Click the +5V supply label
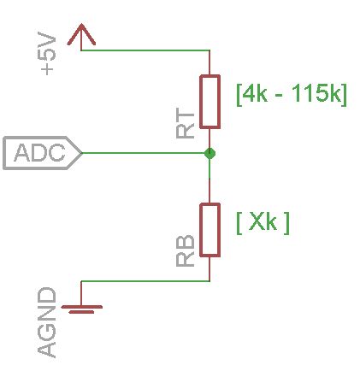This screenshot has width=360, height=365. (48, 56)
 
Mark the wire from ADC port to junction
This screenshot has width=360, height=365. (145, 154)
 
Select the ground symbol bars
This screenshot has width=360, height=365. (81, 308)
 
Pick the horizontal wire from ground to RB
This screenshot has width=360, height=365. (145, 281)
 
